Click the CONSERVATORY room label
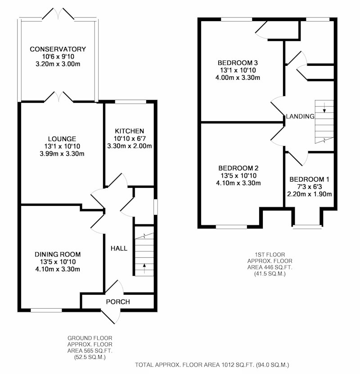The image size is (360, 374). [58, 49]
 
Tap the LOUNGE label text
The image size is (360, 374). [62, 139]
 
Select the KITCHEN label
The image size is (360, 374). [129, 131]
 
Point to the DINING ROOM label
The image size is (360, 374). [58, 254]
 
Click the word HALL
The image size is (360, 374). [119, 249]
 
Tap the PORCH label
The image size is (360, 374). [118, 302]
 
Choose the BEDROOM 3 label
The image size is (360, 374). [238, 63]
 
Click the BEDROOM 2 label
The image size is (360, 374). [238, 168]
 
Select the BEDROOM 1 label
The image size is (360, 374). [309, 179]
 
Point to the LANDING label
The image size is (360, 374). [300, 116]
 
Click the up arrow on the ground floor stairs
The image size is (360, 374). [144, 269]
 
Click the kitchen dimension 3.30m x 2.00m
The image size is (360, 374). [129, 146]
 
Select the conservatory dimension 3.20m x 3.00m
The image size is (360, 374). [58, 64]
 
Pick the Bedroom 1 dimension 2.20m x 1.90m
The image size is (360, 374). [309, 194]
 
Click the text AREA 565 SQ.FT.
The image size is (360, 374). [90, 351]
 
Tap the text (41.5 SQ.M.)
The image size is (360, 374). [270, 274]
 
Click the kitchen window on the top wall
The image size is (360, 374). [130, 102]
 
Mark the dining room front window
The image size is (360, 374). [46, 310]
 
